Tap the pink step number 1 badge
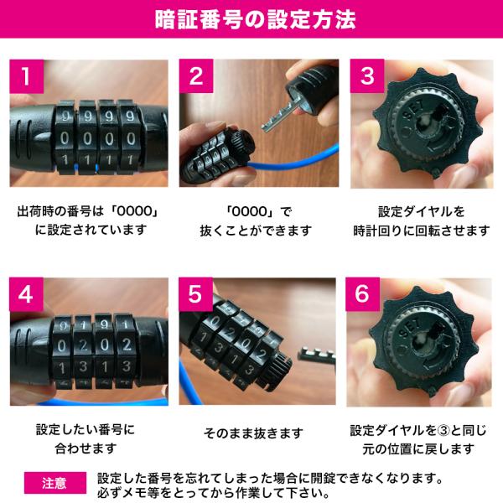coord(28,77)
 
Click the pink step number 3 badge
coord(366,77)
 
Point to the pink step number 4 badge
coord(28,295)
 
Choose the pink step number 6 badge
coord(366,295)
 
